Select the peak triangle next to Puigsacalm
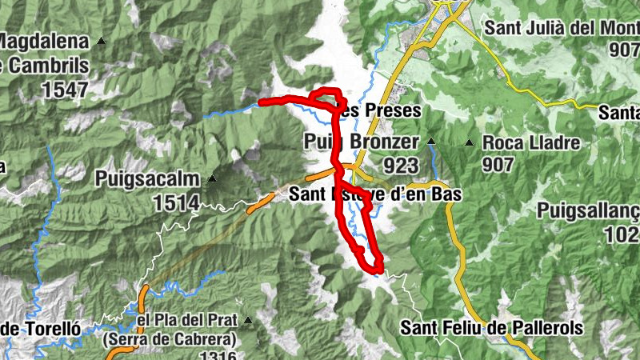(x=212, y=178)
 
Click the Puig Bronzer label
(x=362, y=142)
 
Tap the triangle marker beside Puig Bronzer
(x=431, y=142)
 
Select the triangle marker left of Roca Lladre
(x=470, y=143)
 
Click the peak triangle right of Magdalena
(x=102, y=41)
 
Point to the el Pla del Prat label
(x=186, y=321)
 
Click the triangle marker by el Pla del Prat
(x=248, y=322)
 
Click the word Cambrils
(x=44, y=65)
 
